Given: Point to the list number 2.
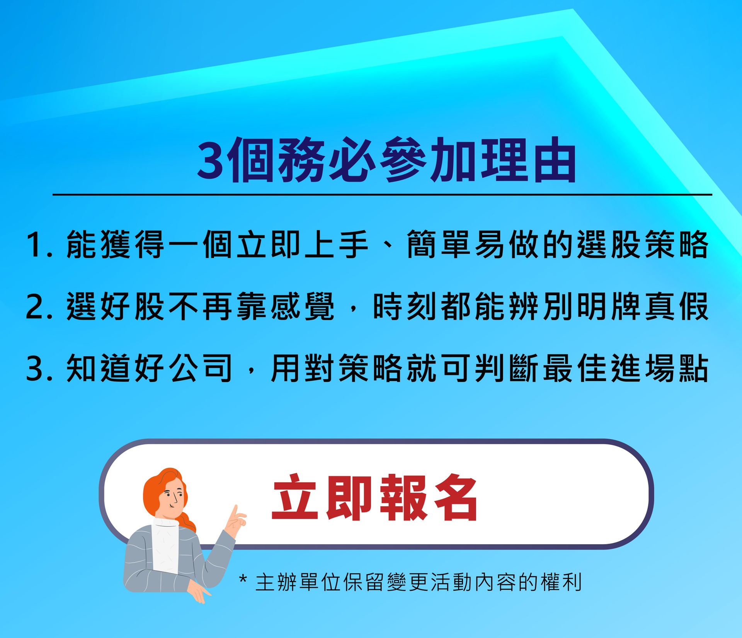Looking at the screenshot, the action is click(39, 307).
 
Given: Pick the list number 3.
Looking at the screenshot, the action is click(39, 369).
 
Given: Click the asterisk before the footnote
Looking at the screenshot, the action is click(243, 579).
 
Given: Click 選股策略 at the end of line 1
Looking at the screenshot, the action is click(642, 245).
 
